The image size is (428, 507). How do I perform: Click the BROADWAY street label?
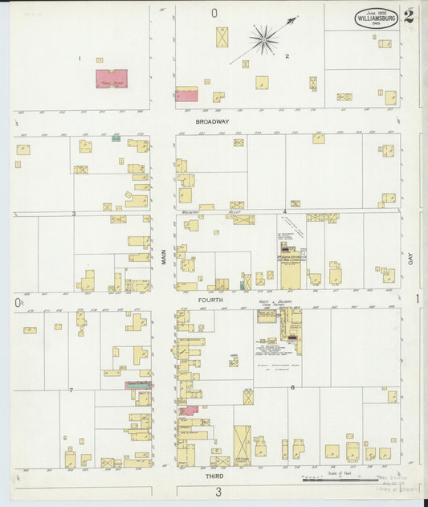pyautogui.click(x=213, y=121)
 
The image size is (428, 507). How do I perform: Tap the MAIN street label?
pyautogui.click(x=163, y=256)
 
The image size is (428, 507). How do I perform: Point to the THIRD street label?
pyautogui.click(x=214, y=476)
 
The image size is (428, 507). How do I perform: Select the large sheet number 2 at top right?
pyautogui.click(x=409, y=17)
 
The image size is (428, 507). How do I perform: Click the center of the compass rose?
pyautogui.click(x=263, y=37)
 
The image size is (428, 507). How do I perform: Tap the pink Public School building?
pyautogui.click(x=111, y=79)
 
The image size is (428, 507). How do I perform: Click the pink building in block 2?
pyautogui.click(x=186, y=95)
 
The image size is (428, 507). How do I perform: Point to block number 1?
pyautogui.click(x=79, y=58)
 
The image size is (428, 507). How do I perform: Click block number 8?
pyautogui.click(x=292, y=387)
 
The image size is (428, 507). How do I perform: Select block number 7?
pyautogui.click(x=71, y=390)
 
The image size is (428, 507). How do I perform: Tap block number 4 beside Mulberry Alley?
pyautogui.click(x=284, y=212)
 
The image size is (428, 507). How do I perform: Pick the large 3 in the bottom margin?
pyautogui.click(x=217, y=492)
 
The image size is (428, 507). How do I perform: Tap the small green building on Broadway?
pyautogui.click(x=116, y=138)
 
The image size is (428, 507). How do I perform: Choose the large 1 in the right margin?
pyautogui.click(x=417, y=299)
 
